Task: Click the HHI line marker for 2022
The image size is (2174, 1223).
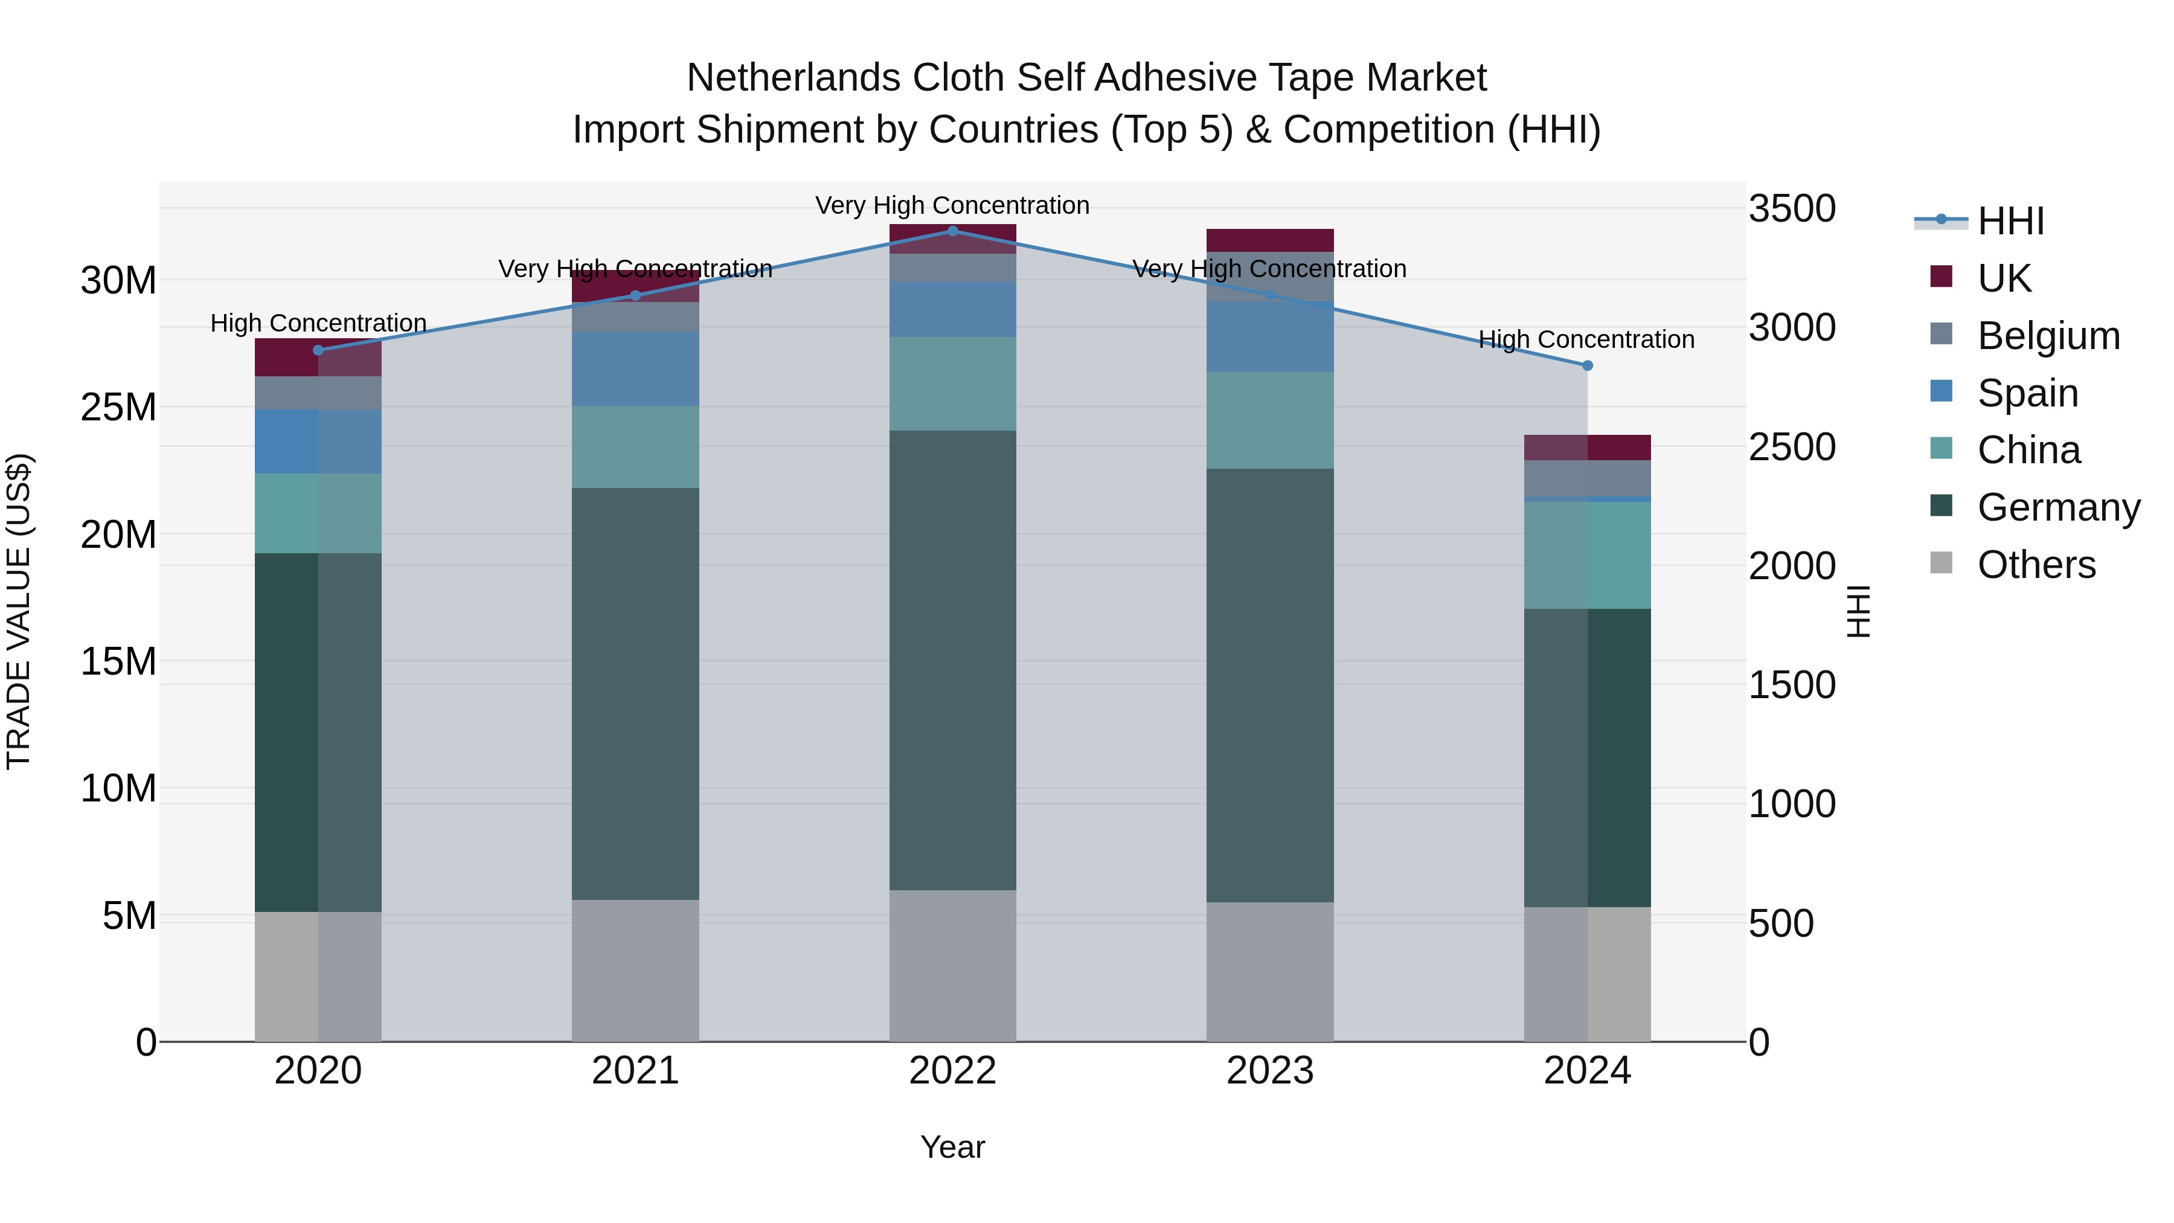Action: [953, 231]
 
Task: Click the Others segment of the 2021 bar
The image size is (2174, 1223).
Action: [635, 970]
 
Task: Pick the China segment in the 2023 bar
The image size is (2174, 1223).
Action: [1270, 420]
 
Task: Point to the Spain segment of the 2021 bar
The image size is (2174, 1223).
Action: [635, 369]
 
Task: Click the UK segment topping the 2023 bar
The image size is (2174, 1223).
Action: [1270, 240]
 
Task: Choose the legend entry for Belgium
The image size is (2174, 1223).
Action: [2048, 336]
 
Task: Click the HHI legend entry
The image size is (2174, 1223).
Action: [2010, 221]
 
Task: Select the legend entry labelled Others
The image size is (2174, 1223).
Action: [2036, 565]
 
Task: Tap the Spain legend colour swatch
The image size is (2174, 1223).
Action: [1941, 391]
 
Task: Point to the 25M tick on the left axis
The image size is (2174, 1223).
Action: [118, 408]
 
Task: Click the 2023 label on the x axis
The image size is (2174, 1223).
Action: [1270, 1071]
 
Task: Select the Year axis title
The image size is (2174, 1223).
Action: [953, 1147]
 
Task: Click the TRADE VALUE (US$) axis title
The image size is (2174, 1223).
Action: [19, 611]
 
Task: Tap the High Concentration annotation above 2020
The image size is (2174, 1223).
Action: [318, 323]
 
